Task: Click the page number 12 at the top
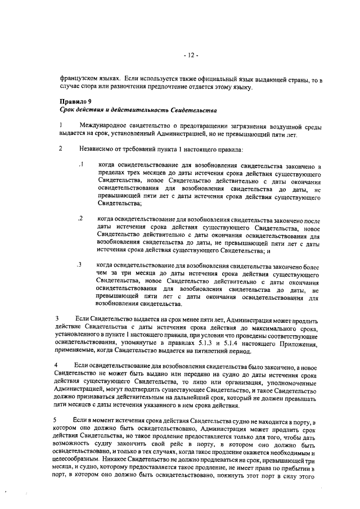click(190, 56)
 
